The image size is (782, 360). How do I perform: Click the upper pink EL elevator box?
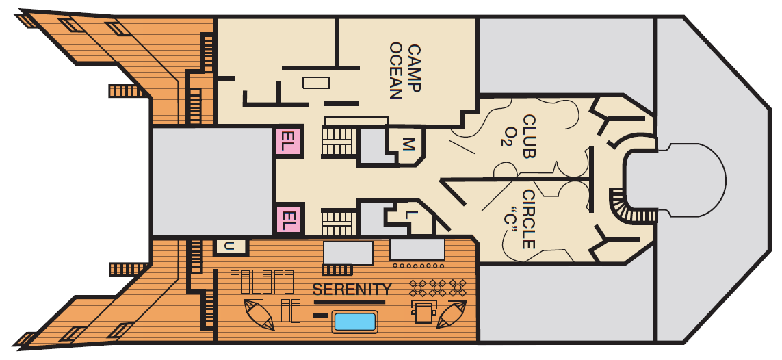click(x=288, y=141)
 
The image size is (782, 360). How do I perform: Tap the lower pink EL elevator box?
click(x=288, y=220)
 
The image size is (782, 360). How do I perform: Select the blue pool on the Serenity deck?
click(x=354, y=322)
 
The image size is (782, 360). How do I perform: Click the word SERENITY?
click(x=352, y=289)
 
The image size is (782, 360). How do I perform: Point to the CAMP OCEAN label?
click(x=405, y=72)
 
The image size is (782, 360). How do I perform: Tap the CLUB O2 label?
click(x=521, y=136)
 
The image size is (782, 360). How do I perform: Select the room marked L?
click(x=409, y=216)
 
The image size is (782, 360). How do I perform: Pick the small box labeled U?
click(x=231, y=246)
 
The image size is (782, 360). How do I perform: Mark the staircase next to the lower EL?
click(x=339, y=222)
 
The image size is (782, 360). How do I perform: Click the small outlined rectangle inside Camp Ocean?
click(x=316, y=82)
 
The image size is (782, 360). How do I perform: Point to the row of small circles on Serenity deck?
click(x=419, y=266)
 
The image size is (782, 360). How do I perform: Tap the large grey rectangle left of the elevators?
click(x=213, y=181)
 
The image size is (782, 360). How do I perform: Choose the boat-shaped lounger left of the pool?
click(x=259, y=315)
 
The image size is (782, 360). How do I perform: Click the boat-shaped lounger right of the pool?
click(x=451, y=314)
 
